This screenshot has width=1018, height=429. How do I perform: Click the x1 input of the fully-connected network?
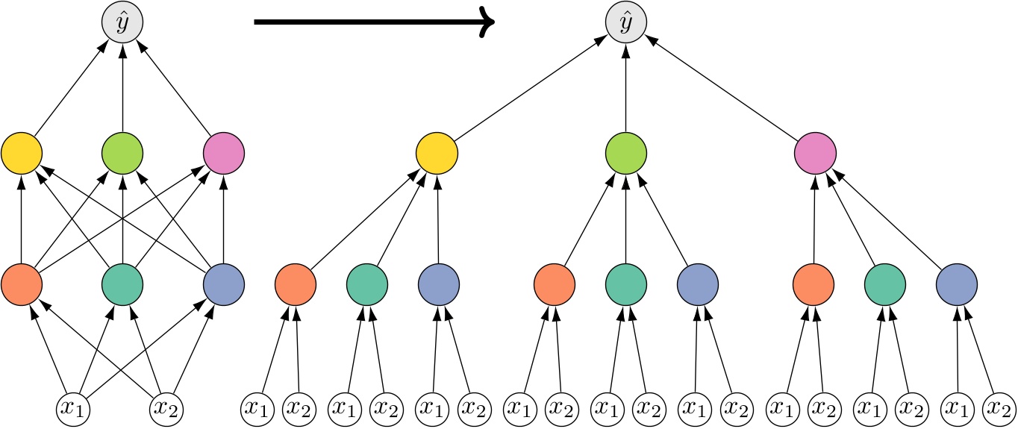pos(78,408)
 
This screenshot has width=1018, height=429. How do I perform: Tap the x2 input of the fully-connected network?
pos(168,408)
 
